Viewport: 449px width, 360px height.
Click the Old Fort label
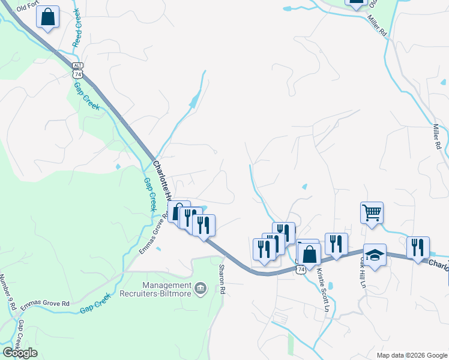[28, 8]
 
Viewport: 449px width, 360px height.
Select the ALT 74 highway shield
[77, 70]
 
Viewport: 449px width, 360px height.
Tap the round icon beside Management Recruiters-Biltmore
[200, 289]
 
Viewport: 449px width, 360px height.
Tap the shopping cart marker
[372, 212]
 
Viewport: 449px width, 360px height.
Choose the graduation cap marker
[375, 254]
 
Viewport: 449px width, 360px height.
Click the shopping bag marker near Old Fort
[48, 17]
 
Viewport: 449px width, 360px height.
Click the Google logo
[20, 353]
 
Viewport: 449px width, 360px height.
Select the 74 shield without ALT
[301, 269]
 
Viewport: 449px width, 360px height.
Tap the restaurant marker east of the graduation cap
[418, 247]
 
